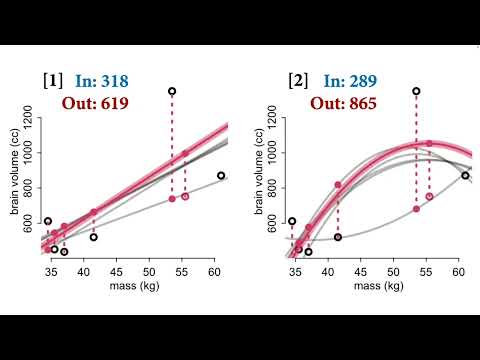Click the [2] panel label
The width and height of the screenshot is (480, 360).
point(297,80)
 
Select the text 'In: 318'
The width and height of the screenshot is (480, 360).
point(100,80)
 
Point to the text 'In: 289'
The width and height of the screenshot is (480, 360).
point(343,80)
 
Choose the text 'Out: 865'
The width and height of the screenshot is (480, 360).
point(343,102)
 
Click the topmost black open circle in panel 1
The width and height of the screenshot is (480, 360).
point(172,91)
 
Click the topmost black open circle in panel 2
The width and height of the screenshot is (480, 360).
point(416,91)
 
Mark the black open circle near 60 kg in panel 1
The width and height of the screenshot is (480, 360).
point(221,176)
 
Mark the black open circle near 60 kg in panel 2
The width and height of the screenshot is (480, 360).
point(465,176)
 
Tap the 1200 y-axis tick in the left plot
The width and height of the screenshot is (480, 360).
point(30,121)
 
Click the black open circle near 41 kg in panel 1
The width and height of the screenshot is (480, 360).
point(94,237)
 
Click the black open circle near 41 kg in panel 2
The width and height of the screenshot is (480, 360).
point(338,237)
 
